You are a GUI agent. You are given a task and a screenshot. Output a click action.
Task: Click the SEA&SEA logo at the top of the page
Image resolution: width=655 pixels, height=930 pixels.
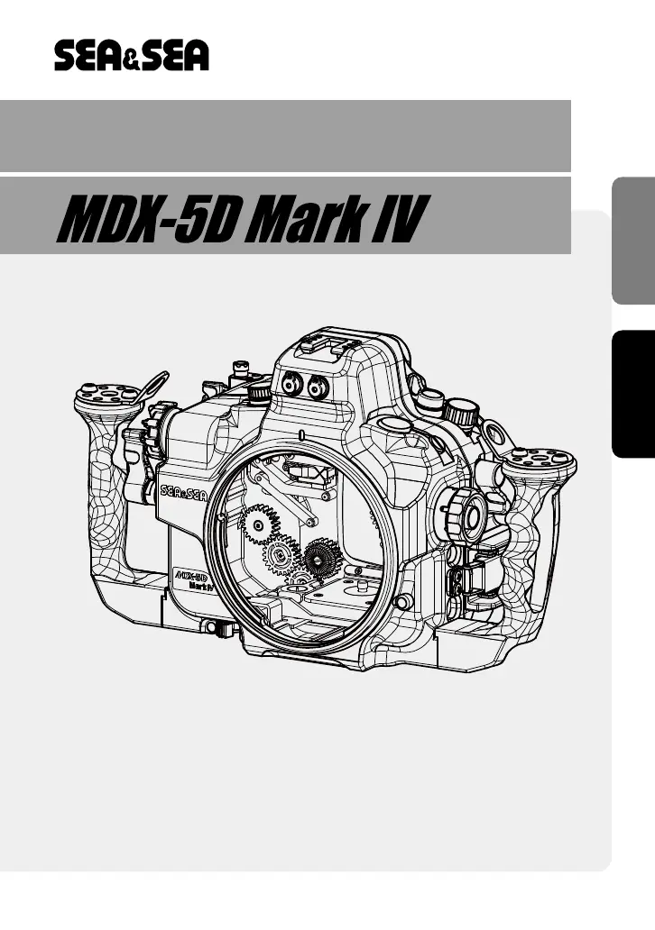[x=131, y=56]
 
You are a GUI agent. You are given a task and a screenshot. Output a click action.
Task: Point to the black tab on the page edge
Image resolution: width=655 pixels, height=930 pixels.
[x=633, y=394]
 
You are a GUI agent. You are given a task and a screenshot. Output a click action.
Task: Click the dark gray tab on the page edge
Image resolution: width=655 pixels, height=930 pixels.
[x=633, y=241]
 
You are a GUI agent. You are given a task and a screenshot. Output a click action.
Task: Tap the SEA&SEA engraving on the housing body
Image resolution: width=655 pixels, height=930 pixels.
[x=183, y=492]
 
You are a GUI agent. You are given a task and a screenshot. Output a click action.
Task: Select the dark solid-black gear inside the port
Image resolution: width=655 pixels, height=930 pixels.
[x=322, y=558]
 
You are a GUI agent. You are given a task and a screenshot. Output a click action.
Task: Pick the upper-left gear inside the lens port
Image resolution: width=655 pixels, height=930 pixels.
[x=259, y=524]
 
